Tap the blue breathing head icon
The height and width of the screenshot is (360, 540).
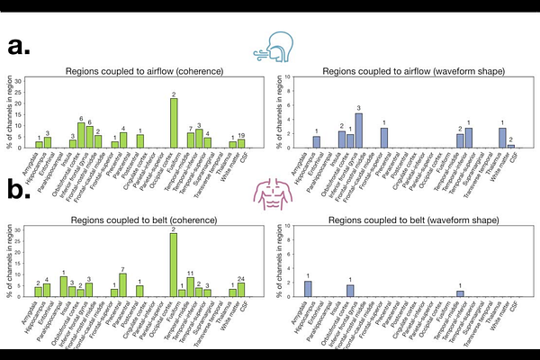(271, 46)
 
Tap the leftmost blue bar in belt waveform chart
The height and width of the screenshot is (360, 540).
(308, 289)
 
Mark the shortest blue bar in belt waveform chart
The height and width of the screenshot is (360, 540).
(460, 293)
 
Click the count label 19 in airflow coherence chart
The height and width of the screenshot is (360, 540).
(241, 135)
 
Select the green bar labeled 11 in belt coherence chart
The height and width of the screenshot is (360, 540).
(190, 287)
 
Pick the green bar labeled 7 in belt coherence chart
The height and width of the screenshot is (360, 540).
(122, 285)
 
